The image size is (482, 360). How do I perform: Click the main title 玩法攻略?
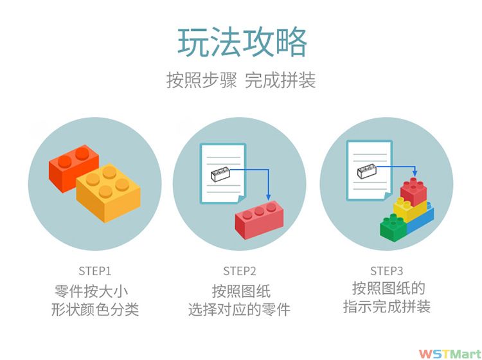(242, 42)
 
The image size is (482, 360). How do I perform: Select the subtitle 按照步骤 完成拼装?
(241, 80)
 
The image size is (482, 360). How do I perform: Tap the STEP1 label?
(94, 271)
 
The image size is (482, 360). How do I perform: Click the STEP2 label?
(240, 271)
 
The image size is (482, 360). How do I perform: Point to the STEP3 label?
(386, 271)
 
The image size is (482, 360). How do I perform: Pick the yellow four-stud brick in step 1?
(108, 193)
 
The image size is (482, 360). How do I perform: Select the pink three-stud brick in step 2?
(259, 219)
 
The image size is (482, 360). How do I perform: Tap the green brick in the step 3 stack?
(393, 228)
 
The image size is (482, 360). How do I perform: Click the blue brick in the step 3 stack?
(421, 221)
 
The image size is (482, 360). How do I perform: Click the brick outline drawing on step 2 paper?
(220, 174)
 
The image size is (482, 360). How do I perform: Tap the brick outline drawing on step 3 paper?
(367, 171)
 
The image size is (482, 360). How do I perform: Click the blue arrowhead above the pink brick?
(269, 197)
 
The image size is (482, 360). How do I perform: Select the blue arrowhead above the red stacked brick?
(415, 173)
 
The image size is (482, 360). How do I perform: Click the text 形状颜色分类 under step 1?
(95, 309)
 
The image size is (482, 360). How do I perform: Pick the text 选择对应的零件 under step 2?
(239, 309)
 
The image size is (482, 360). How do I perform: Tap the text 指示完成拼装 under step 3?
(386, 307)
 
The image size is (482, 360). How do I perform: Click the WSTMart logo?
(450, 354)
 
